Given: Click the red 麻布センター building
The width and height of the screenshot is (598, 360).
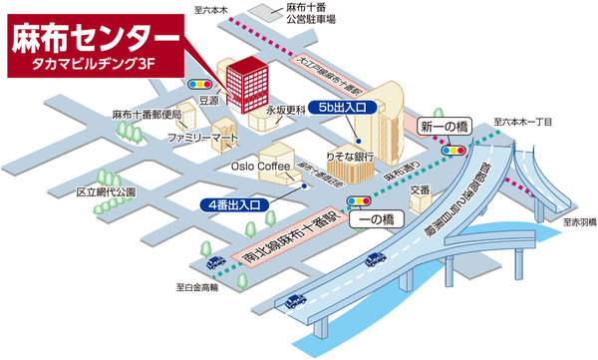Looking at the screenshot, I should (x=242, y=81).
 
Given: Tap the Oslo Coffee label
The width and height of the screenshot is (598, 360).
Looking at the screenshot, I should (x=259, y=167).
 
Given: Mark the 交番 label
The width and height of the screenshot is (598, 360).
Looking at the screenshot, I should (x=421, y=188).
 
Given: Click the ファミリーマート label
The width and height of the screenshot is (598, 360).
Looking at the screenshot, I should (x=202, y=136).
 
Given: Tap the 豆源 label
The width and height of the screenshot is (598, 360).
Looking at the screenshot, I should (x=208, y=101).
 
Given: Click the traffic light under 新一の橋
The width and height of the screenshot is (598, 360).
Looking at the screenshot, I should (x=457, y=151).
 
